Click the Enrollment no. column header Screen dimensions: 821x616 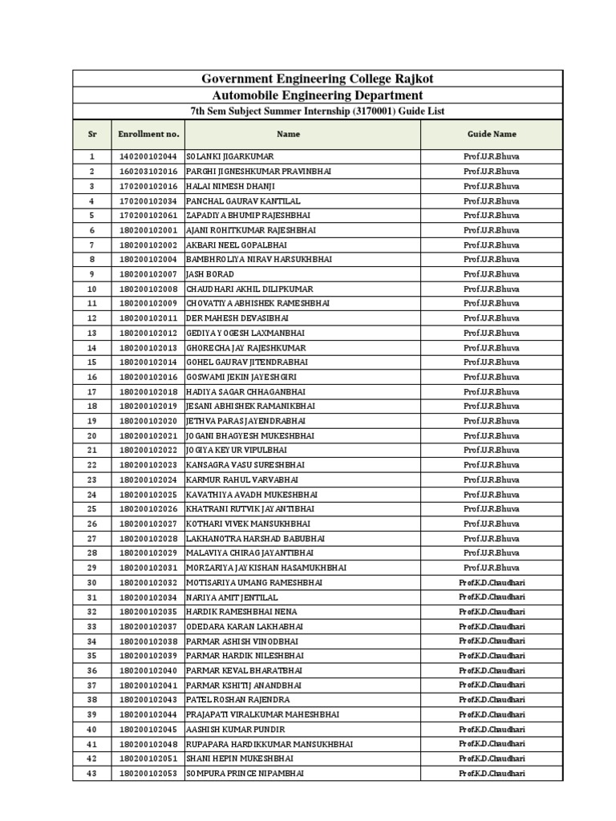(x=148, y=134)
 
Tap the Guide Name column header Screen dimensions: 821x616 (x=492, y=134)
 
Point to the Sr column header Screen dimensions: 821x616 (x=91, y=134)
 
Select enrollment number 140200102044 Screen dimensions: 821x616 (x=148, y=157)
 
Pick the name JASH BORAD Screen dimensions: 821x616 (x=210, y=274)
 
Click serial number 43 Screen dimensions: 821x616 (x=91, y=774)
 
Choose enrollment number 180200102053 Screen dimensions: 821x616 (x=148, y=774)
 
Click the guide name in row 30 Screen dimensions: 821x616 (x=492, y=583)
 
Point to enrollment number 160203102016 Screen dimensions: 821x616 (x=148, y=172)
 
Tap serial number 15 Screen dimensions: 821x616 (x=91, y=362)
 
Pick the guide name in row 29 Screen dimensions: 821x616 (x=492, y=568)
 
